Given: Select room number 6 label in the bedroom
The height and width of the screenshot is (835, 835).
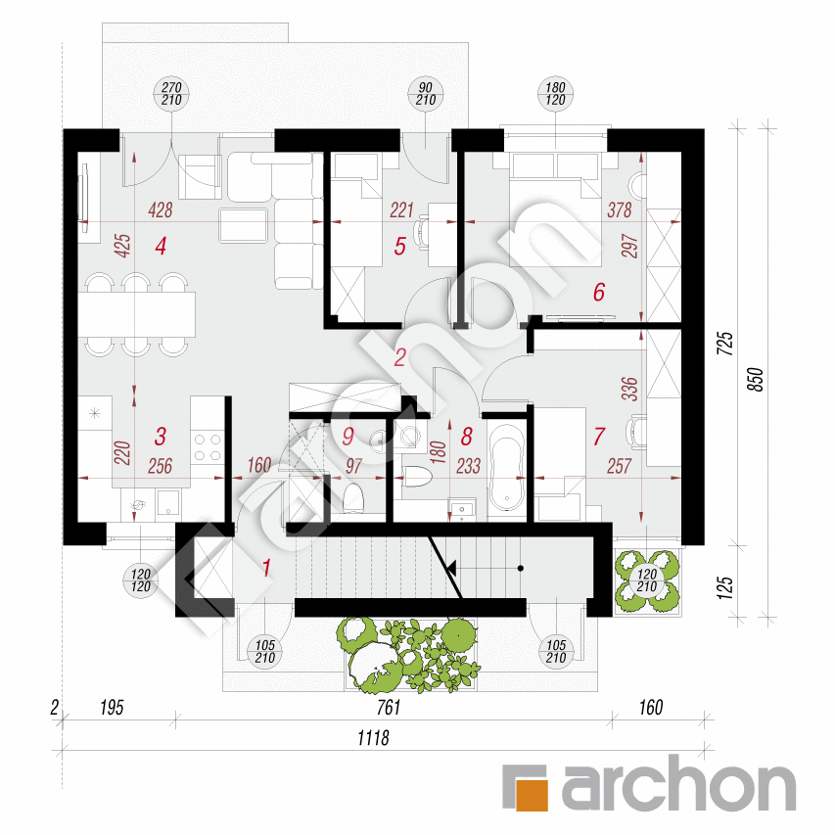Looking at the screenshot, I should tap(599, 291).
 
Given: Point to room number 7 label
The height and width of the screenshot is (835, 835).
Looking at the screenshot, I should tap(599, 437).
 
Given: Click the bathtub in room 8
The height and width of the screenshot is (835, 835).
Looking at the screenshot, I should tap(507, 467).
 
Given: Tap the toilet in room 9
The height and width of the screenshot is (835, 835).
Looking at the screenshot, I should tap(354, 497).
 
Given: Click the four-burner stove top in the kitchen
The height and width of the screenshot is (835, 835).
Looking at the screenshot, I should tap(208, 446).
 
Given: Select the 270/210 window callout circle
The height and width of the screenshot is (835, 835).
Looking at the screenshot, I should tap(172, 95).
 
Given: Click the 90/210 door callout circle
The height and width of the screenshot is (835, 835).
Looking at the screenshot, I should tap(425, 95).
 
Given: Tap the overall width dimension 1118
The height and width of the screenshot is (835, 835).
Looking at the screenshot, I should tap(373, 739).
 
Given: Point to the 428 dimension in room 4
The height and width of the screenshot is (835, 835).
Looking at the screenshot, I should tap(161, 209).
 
